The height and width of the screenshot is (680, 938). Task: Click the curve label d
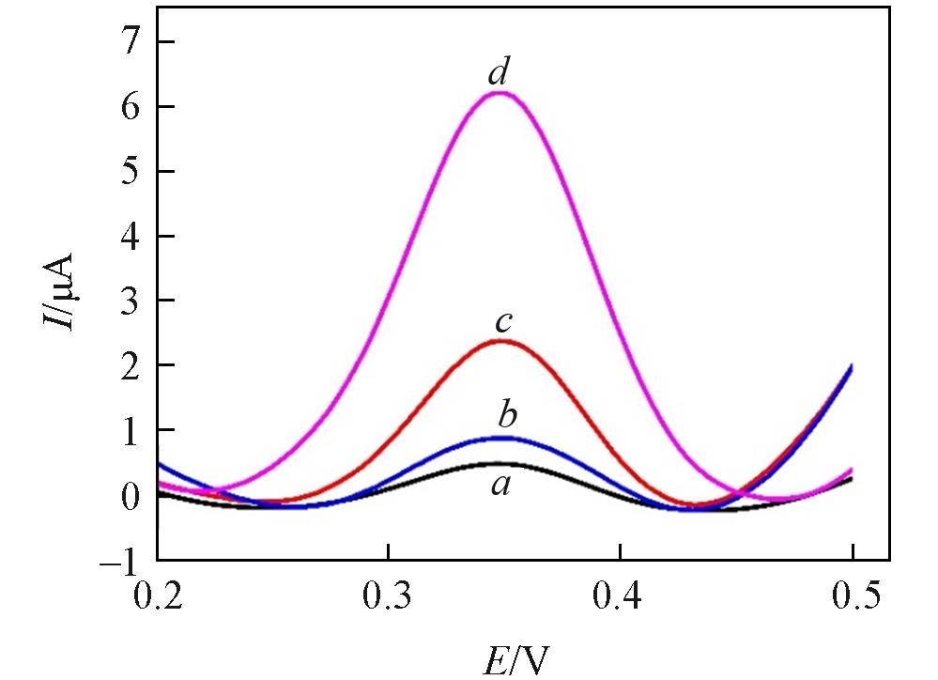pyautogui.click(x=499, y=73)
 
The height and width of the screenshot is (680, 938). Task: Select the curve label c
pyautogui.click(x=503, y=323)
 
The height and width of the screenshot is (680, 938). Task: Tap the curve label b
pyautogui.click(x=508, y=413)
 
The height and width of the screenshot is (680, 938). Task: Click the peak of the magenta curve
pyautogui.click(x=500, y=92)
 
